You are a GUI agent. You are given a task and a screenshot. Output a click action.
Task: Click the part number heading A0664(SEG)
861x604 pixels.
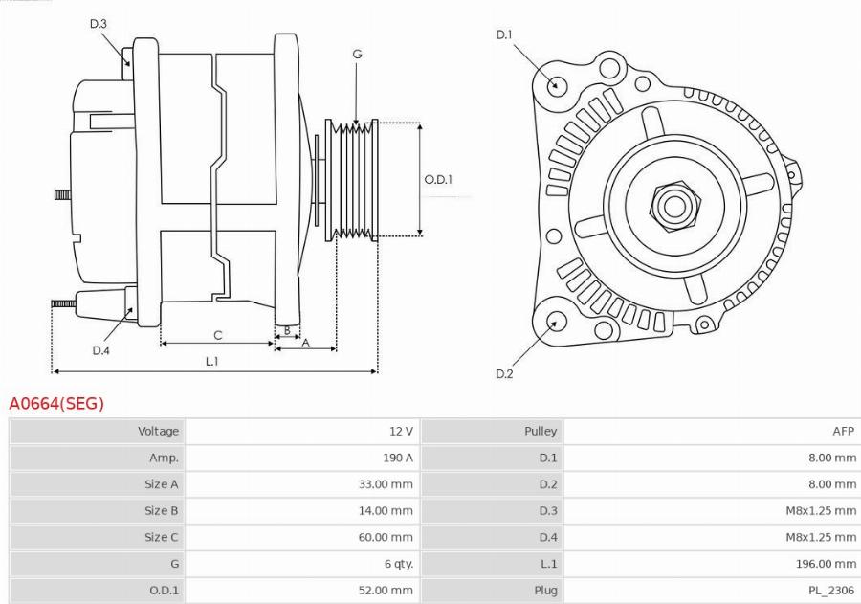coord(56,404)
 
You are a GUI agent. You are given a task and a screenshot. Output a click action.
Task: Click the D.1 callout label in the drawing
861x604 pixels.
coord(504,35)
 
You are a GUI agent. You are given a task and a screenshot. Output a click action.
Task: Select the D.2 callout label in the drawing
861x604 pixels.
coord(504,373)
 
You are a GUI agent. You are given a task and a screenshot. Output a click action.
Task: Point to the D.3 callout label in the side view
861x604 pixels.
coord(98,24)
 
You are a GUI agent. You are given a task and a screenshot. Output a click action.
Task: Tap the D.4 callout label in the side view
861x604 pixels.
coord(101,350)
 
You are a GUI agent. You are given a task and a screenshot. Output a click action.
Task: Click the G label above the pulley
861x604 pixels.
coord(357,55)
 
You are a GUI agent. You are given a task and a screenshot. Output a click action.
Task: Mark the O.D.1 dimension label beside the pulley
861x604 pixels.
coord(438,179)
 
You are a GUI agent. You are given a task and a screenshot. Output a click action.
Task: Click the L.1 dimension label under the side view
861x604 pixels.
coord(212,361)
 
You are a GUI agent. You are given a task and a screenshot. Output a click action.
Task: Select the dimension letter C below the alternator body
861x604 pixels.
coord(218,335)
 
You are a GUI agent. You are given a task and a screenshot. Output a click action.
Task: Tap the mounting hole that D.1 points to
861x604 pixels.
coord(556,84)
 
